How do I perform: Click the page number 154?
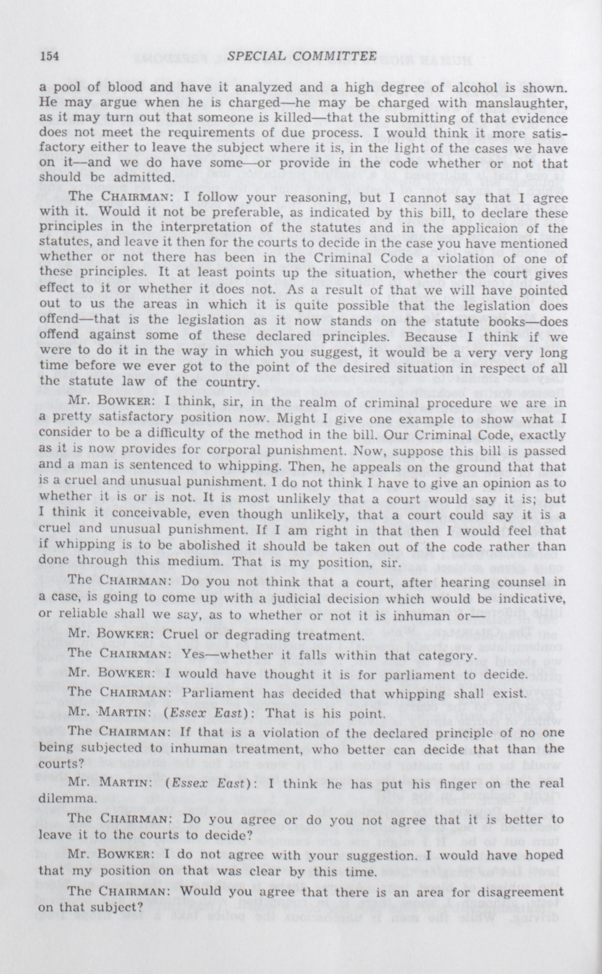49,56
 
